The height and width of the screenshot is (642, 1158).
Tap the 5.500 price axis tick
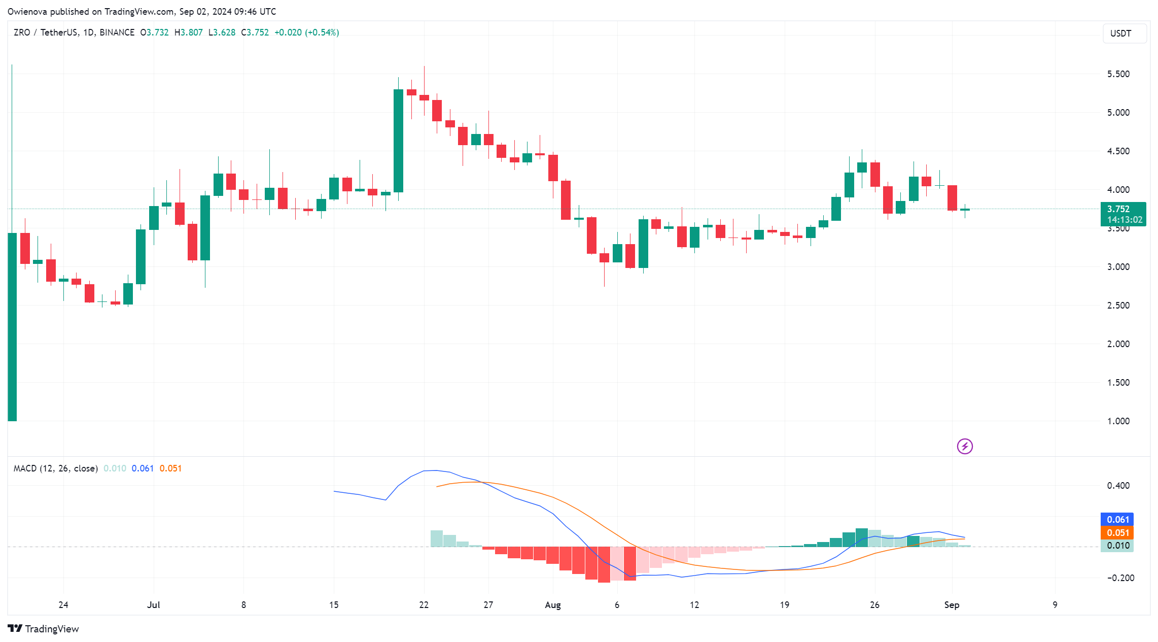click(1118, 74)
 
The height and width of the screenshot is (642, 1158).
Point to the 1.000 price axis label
click(1118, 421)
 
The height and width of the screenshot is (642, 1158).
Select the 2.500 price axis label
click(1118, 306)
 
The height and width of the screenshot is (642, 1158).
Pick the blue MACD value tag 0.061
click(1117, 520)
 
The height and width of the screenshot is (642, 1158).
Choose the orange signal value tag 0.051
click(1117, 533)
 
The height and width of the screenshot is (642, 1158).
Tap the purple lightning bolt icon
click(964, 447)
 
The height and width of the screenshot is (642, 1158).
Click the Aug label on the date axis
click(552, 605)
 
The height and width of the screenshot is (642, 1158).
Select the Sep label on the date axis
click(952, 605)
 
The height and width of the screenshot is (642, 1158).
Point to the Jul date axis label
click(153, 605)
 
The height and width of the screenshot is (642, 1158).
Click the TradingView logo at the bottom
click(44, 629)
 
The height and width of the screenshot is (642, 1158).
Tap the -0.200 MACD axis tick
click(1120, 578)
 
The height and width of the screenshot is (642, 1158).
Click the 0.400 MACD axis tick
click(1118, 486)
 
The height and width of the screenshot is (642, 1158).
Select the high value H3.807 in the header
click(188, 32)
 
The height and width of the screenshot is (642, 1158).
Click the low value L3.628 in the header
click(222, 32)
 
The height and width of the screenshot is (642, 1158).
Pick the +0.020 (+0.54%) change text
click(306, 32)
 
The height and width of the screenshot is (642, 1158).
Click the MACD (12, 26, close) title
click(55, 468)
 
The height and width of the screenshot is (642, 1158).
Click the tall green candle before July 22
click(398, 141)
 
